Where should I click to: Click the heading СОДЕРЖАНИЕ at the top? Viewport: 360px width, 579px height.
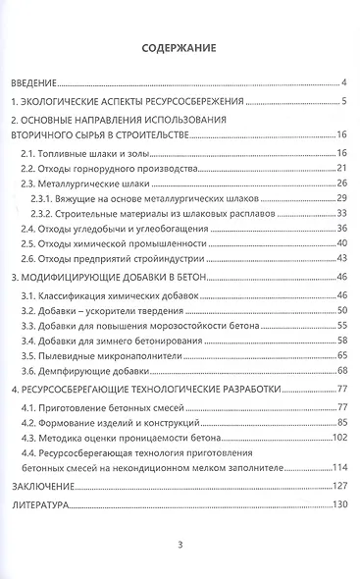click(179, 45)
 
